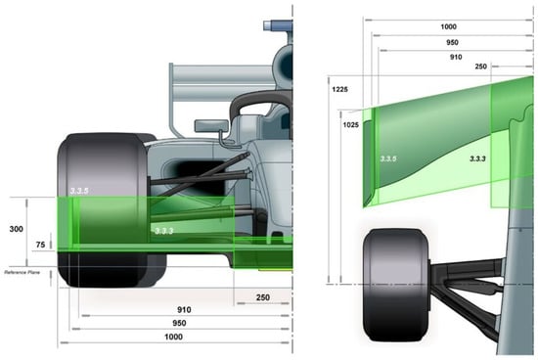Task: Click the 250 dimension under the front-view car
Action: point(261,296)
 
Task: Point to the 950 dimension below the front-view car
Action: point(178,323)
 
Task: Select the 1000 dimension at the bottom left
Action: point(174,337)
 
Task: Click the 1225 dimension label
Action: point(339,89)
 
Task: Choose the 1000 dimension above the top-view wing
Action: point(448,26)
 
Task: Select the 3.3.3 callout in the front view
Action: point(163,230)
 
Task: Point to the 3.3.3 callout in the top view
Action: point(478,157)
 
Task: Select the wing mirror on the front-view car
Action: point(209,125)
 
